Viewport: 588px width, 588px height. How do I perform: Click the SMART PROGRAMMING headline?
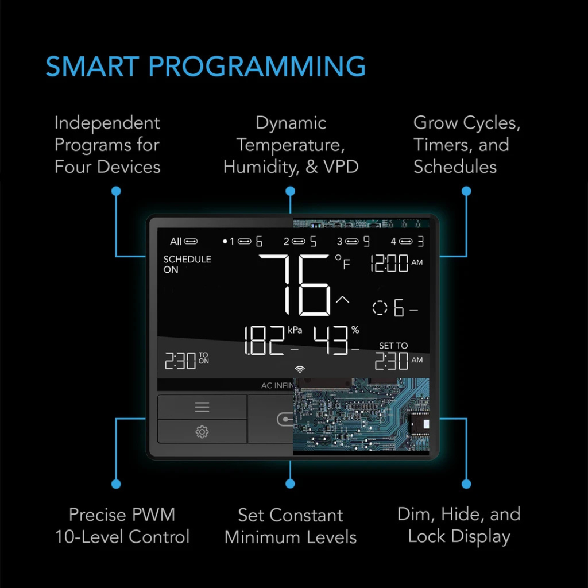click(x=206, y=67)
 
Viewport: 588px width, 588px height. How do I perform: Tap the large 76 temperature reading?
click(x=295, y=285)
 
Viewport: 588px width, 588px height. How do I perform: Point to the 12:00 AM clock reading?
click(x=396, y=263)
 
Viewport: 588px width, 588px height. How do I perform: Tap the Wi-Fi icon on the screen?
click(x=300, y=369)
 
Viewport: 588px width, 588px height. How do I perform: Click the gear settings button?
click(x=202, y=432)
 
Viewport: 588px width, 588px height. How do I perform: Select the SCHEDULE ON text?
click(x=187, y=264)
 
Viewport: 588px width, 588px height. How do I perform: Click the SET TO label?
click(x=393, y=345)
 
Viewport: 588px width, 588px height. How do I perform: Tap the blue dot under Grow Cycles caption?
click(x=466, y=191)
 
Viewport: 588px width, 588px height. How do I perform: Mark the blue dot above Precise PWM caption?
click(x=116, y=483)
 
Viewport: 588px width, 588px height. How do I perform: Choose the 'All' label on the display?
click(x=176, y=242)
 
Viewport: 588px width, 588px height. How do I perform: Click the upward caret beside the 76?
click(x=342, y=300)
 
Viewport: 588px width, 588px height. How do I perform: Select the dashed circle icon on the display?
click(x=380, y=308)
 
